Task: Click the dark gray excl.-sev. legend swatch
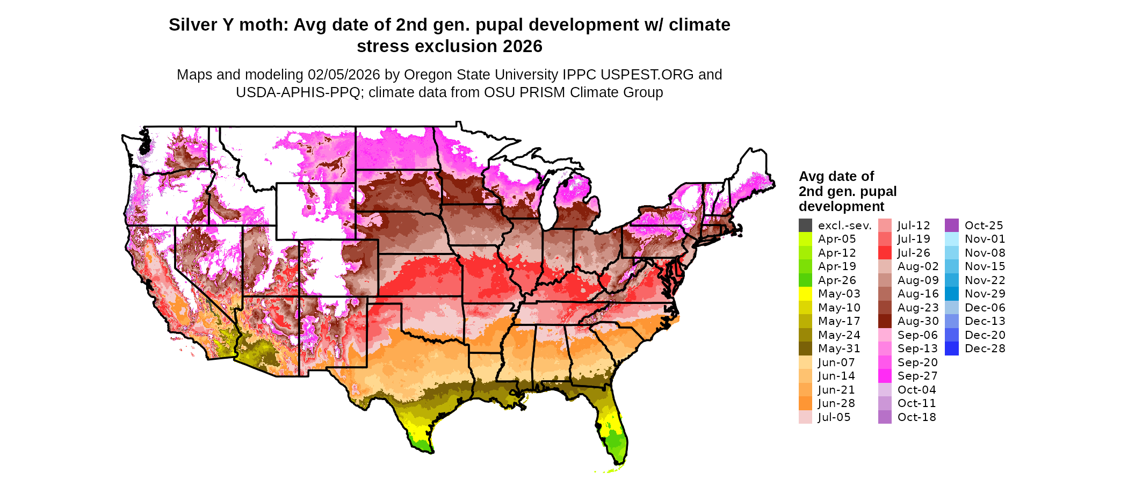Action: (805, 226)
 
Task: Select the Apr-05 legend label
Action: (836, 239)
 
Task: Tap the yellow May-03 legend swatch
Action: (805, 294)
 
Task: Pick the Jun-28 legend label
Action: (836, 403)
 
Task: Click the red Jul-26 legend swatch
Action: (885, 253)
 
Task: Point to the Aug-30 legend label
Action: (918, 321)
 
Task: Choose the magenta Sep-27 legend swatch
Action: (885, 376)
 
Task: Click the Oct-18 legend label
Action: (916, 417)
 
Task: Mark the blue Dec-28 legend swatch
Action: (951, 349)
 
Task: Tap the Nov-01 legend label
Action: (985, 239)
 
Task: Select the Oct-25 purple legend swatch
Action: (951, 226)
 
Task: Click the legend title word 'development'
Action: (841, 207)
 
